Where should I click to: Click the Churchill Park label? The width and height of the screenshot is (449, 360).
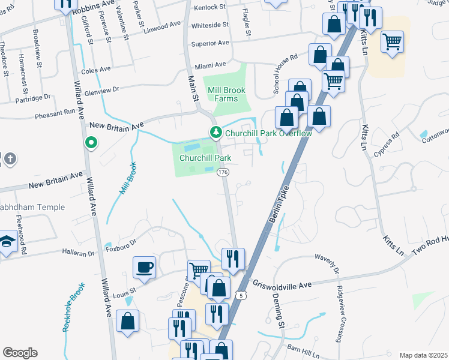(206, 158)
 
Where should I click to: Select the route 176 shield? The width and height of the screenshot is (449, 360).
(223, 172)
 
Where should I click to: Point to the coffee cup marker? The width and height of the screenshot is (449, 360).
(145, 268)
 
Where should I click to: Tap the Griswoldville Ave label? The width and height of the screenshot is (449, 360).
(282, 283)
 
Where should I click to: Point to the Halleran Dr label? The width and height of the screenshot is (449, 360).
(80, 254)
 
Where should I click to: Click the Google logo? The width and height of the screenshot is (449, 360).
(20, 352)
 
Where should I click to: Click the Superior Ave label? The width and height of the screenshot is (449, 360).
(210, 43)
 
